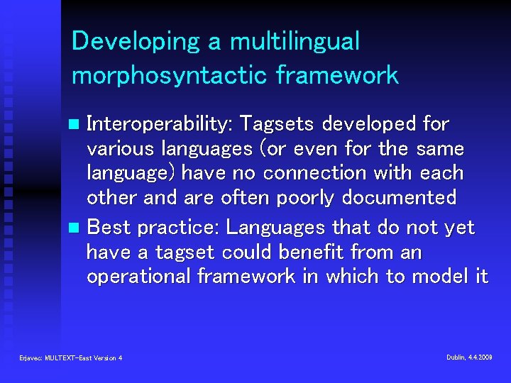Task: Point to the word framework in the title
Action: (347, 75)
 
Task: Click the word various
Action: (121, 150)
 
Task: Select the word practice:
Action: (177, 228)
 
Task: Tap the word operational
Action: (138, 277)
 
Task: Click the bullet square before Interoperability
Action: (76, 126)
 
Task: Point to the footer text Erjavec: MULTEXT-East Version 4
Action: (71, 358)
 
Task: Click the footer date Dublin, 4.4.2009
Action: (469, 357)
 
